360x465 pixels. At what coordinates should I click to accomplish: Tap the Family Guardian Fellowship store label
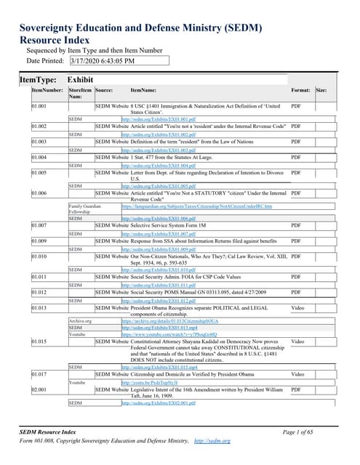(81, 209)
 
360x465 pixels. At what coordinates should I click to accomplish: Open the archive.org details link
(161, 320)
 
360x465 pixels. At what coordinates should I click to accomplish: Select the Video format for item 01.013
(297, 308)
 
